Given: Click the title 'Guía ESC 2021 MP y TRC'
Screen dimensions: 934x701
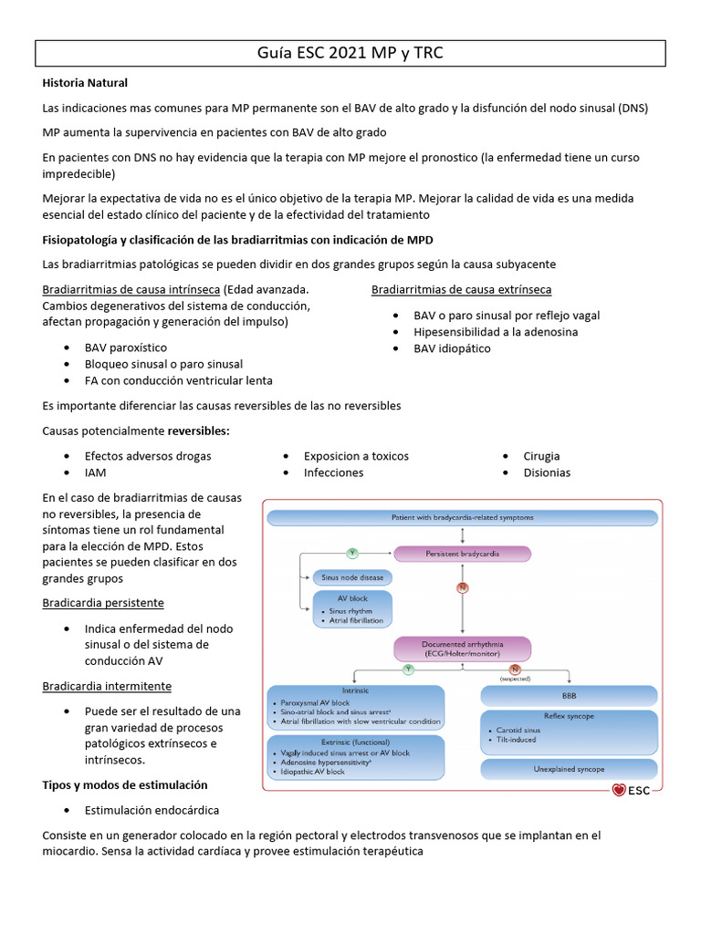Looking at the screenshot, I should pos(350,53).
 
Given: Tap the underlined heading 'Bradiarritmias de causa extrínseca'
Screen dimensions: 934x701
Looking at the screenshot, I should pos(461,290).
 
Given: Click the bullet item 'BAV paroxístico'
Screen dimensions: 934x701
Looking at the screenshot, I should pos(126,348).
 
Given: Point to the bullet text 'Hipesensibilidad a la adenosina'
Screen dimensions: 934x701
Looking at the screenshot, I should pos(496,332).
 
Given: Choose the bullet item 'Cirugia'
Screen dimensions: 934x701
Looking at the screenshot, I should pos(541,456).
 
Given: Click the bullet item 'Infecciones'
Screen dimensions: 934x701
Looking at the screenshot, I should pos(333,472).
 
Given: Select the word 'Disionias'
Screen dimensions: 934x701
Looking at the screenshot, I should pos(547,472).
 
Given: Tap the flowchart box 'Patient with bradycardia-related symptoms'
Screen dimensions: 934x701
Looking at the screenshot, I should pos(463,517).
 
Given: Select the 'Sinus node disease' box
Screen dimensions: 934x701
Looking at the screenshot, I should pos(352,577).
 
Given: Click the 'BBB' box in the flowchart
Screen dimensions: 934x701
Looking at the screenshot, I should pos(570,695).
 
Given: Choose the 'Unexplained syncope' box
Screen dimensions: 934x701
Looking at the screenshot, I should pos(570,769).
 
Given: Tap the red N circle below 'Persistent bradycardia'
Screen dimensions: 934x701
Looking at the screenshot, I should pos(462,588).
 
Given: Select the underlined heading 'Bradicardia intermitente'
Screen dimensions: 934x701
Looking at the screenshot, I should pos(107,686).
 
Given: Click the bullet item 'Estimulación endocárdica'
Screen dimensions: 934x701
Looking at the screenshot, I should pos(152,810).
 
